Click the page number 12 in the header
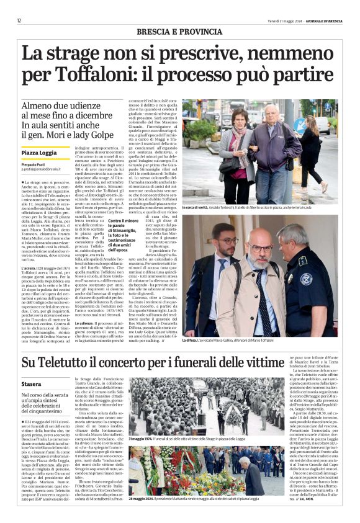coord(19,20)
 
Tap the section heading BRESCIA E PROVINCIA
coord(179,31)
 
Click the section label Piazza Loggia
coord(40,153)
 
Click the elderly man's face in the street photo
coord(274,114)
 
